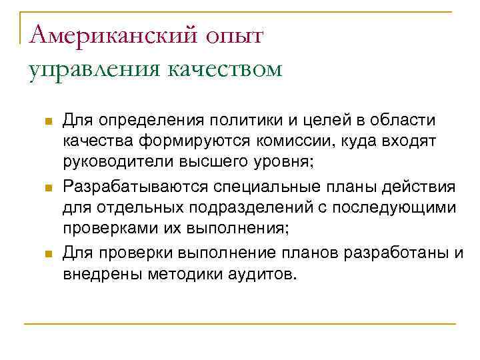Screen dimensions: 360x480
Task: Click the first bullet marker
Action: coord(47,121)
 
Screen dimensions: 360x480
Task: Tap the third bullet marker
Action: coord(47,253)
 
